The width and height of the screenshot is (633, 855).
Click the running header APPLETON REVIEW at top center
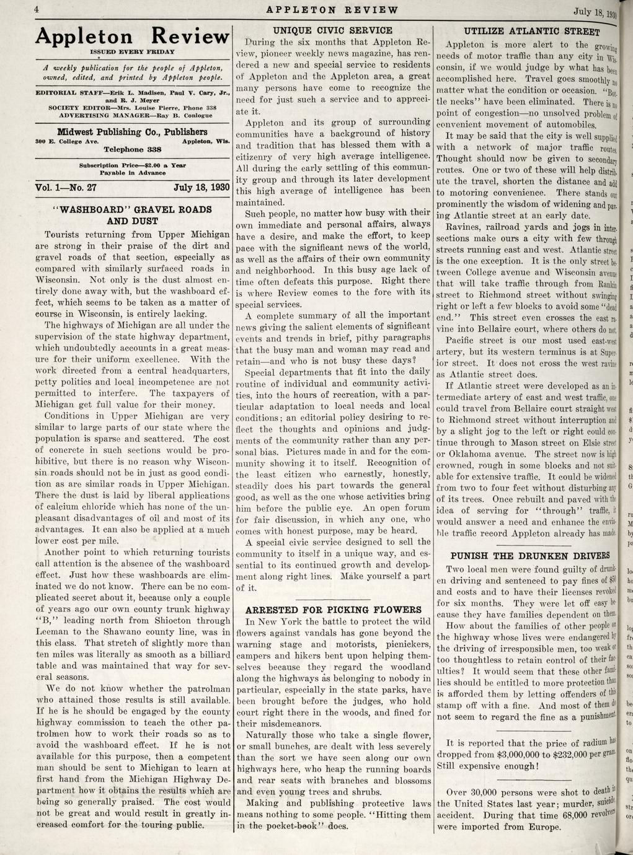coord(330,9)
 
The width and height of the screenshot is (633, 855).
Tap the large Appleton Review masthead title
coord(133,37)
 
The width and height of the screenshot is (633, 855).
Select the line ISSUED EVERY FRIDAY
coord(133,52)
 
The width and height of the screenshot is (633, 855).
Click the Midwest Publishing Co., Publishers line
coord(133,132)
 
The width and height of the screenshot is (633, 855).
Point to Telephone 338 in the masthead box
coord(133,149)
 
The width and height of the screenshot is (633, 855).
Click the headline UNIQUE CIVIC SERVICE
coord(333,30)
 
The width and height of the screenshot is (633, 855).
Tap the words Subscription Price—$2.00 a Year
coord(133,166)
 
